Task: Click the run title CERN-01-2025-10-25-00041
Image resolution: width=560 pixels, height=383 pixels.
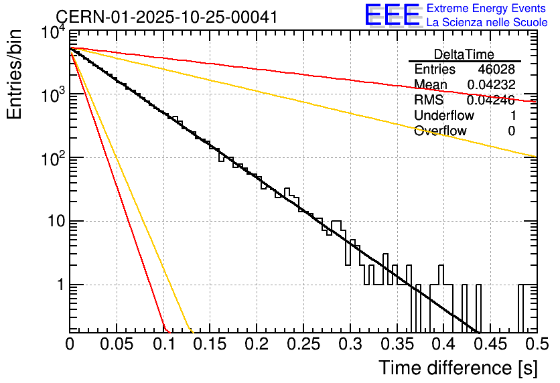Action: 166,17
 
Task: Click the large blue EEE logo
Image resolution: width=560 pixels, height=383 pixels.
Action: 392,15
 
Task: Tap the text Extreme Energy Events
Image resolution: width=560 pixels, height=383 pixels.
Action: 486,9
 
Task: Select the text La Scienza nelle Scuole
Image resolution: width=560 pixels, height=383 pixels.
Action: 486,22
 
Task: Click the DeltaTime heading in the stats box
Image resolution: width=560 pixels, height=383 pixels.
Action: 464,54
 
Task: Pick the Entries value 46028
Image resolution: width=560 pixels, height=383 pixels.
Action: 496,70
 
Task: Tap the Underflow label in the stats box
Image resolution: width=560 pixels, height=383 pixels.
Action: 443,116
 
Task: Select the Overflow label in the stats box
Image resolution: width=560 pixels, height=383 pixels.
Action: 440,131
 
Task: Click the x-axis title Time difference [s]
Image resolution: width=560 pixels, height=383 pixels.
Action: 458,368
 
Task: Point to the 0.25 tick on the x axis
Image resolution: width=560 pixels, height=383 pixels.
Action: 303,344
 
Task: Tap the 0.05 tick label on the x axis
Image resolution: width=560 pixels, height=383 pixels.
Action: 117,344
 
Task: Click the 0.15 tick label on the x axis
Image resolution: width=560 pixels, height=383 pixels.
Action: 210,344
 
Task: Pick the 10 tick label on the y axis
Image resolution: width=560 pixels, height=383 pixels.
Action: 54,222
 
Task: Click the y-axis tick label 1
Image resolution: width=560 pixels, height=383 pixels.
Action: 58,285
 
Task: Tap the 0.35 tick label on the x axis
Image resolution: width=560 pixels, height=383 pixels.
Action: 397,344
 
